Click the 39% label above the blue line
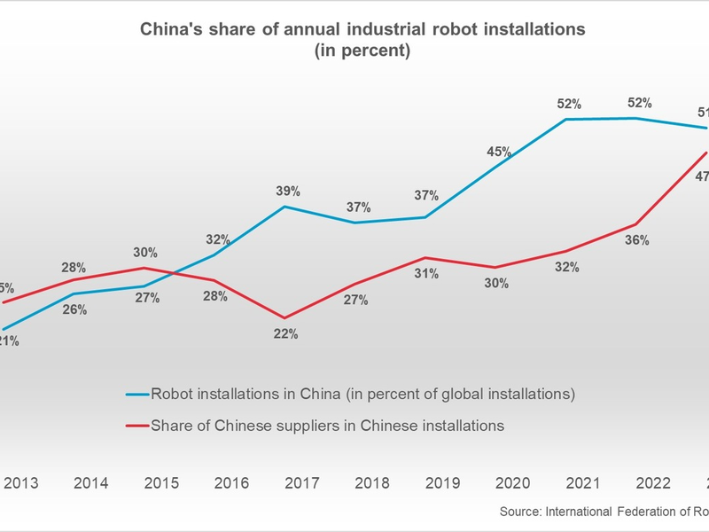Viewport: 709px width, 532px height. coord(288,192)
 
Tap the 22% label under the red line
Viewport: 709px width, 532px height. coord(286,334)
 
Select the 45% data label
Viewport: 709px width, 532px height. coord(499,152)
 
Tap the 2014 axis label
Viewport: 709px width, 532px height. coord(91,483)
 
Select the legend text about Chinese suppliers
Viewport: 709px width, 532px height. coord(328,426)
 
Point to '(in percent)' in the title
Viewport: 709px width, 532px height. coord(362,51)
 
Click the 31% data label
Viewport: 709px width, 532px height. coord(426,274)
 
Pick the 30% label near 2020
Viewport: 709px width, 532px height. coord(496,284)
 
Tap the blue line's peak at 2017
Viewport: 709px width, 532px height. coord(284,207)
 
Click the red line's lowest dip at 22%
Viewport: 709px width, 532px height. coord(284,318)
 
